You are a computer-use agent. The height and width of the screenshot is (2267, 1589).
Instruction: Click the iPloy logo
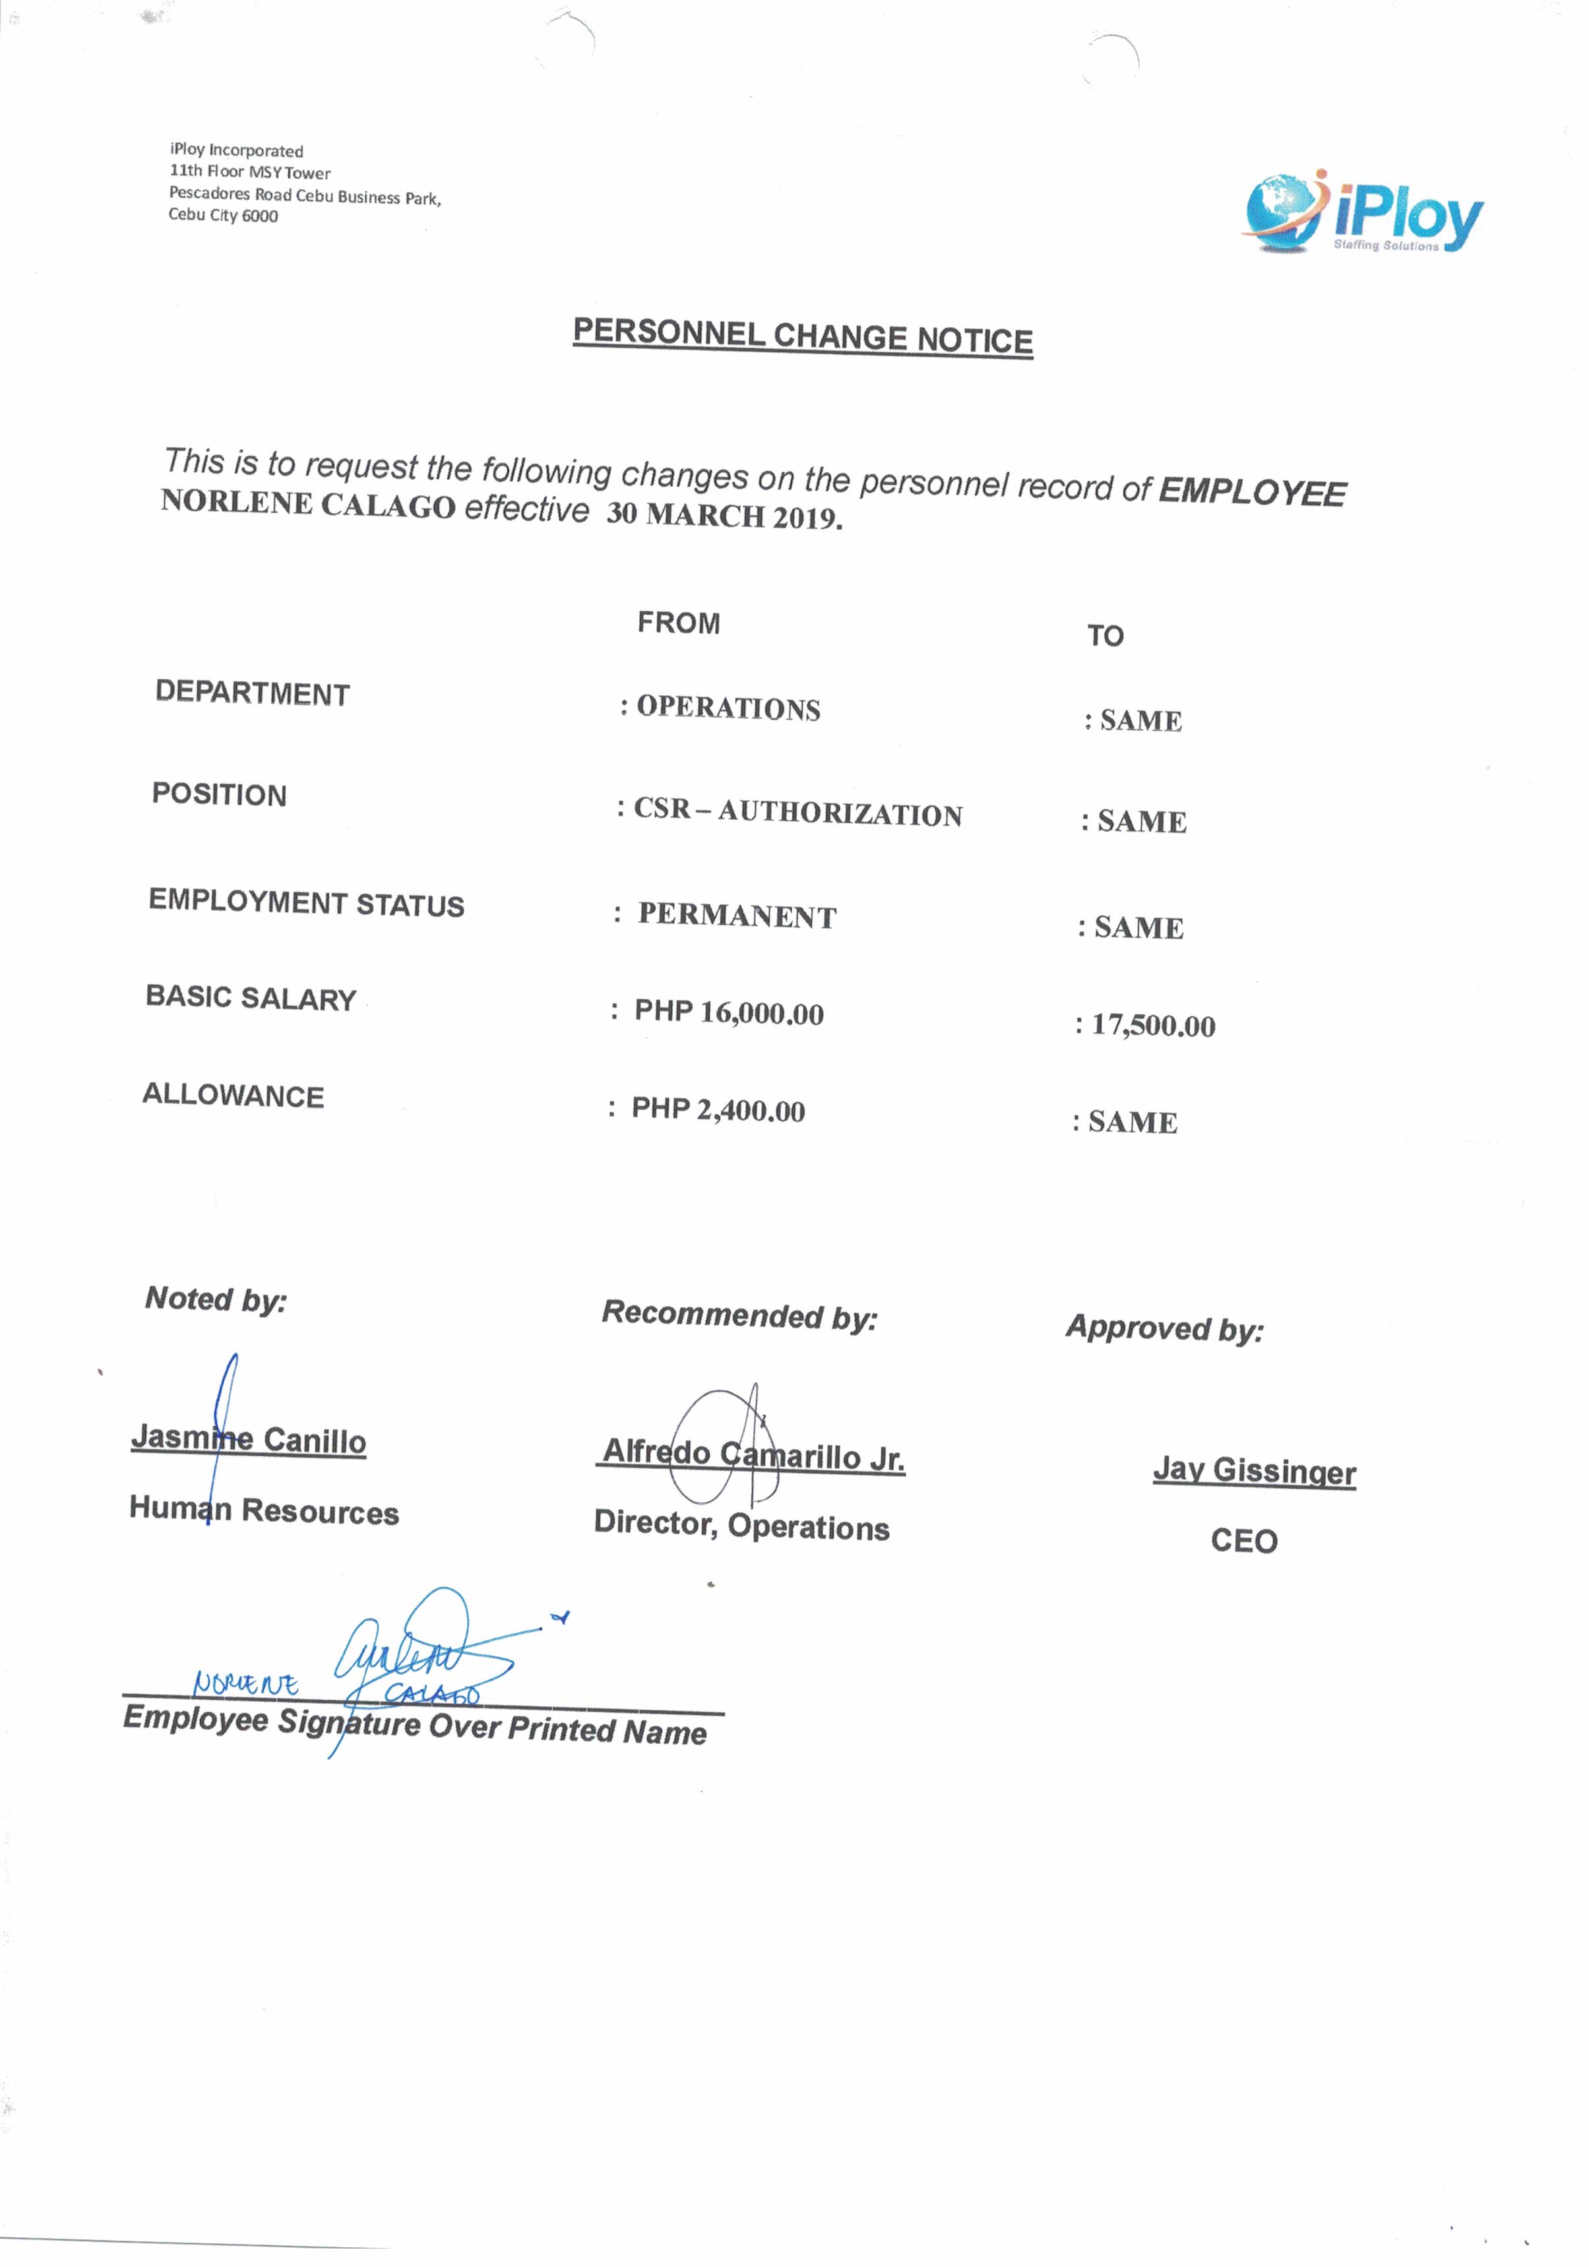(1363, 212)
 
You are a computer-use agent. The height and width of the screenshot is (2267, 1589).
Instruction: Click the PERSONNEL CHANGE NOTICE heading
(803, 336)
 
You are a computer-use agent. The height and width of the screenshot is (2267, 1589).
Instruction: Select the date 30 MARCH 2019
(724, 515)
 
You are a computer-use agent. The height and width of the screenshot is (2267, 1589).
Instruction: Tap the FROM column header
(679, 623)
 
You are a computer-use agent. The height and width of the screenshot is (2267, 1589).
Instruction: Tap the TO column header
(1105, 636)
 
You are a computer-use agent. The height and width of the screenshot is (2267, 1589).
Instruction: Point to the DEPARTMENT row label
(252, 693)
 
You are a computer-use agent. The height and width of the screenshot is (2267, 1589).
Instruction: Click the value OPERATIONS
(728, 708)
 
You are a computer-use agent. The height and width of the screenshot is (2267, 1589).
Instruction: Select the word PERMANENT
(737, 916)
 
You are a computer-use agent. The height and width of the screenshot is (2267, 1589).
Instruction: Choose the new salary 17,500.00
(1152, 1026)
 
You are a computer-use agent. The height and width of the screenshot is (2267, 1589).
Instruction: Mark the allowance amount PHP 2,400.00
(718, 1110)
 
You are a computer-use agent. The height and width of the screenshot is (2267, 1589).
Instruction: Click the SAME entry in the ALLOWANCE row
(1132, 1123)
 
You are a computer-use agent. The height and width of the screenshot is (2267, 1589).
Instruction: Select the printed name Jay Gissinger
(1254, 1470)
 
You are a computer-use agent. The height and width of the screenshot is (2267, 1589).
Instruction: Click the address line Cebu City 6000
(223, 215)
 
